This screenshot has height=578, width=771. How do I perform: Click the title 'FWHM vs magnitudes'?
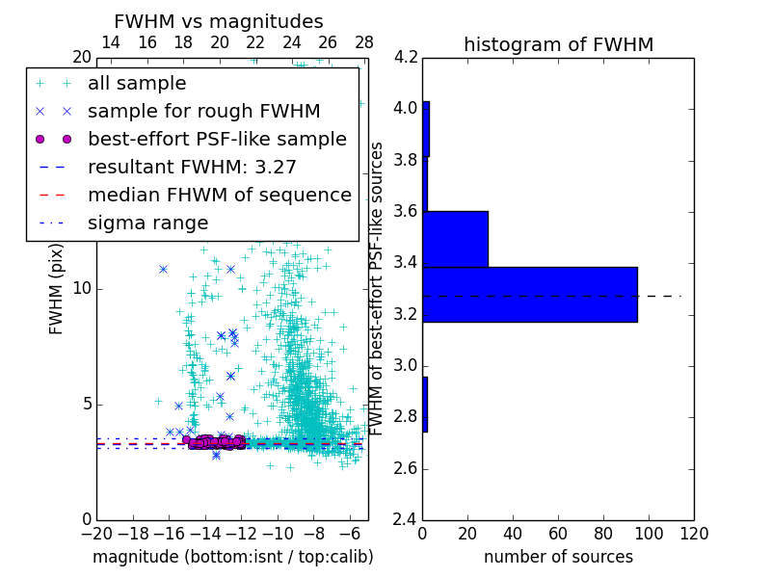[218, 21]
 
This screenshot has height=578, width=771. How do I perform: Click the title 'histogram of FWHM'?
[558, 44]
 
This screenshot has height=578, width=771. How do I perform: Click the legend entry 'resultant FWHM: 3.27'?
[192, 168]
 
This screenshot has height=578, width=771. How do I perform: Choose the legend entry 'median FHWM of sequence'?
[219, 196]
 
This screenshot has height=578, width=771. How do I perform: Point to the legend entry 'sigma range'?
[147, 223]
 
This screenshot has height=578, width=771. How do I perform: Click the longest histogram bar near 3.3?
[529, 294]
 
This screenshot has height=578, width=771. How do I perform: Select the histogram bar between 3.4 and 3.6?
[455, 239]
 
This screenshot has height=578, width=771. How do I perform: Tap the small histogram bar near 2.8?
[425, 405]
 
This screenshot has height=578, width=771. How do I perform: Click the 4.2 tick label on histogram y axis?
[406, 57]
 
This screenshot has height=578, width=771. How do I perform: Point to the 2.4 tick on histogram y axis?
[406, 520]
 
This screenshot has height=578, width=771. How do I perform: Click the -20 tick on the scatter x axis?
[96, 535]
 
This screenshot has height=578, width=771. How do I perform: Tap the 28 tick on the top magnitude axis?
[364, 42]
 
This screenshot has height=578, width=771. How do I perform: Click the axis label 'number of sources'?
[558, 557]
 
